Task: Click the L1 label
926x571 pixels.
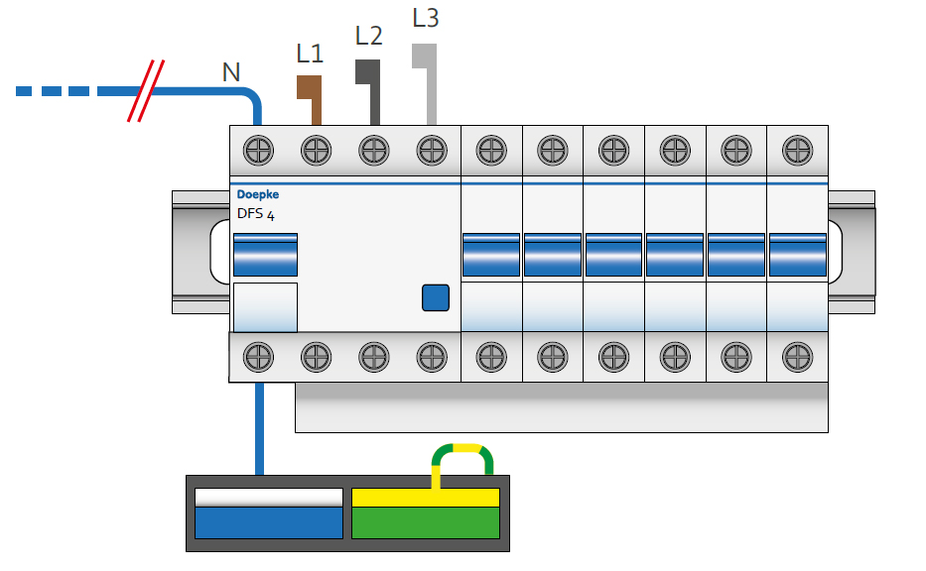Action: point(310,55)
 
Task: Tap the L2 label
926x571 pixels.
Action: point(368,36)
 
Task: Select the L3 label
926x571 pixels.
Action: point(425,19)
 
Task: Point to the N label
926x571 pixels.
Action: point(231,71)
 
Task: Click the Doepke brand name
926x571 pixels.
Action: point(258,194)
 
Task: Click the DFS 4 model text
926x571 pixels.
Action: point(256,213)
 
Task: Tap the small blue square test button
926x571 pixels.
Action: point(436,297)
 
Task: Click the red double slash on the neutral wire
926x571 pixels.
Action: point(146,91)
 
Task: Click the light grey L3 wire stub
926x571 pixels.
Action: point(427,79)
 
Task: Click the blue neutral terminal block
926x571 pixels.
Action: point(268,521)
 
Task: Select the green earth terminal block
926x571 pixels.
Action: point(425,521)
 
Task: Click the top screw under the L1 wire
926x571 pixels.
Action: point(316,151)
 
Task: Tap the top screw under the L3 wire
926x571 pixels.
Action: point(431,151)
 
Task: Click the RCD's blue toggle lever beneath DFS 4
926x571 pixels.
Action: point(266,255)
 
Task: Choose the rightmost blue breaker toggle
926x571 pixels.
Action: point(797,255)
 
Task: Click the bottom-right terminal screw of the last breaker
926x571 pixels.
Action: point(797,356)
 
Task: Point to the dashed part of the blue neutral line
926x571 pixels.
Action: point(65,91)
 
